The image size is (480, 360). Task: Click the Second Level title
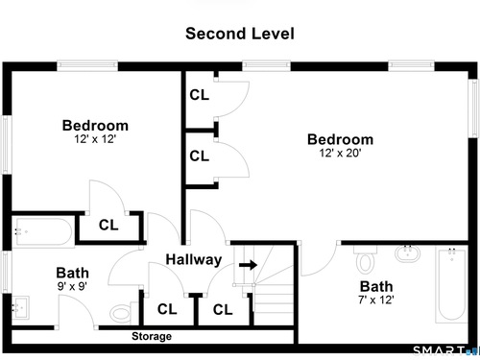[240, 34]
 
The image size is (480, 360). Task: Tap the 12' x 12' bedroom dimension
[95, 139]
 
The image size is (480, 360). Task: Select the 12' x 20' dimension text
[340, 153]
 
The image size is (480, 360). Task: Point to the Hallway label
[194, 259]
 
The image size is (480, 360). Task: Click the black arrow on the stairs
[248, 265]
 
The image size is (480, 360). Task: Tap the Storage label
[152, 336]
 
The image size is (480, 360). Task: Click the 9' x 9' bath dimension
[72, 286]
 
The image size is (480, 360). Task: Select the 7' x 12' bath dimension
[376, 300]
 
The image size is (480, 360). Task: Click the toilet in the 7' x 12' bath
[365, 259]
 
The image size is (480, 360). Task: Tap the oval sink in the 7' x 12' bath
[407, 253]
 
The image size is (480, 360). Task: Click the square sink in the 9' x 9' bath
[20, 307]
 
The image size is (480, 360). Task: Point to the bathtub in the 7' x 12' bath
[451, 285]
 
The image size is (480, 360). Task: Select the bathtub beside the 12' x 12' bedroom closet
[43, 231]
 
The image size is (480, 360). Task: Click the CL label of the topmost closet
[199, 95]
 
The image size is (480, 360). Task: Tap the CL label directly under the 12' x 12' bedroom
[108, 225]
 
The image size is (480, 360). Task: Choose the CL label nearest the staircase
[223, 310]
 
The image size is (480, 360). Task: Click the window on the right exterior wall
[472, 108]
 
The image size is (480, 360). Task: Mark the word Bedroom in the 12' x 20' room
[340, 139]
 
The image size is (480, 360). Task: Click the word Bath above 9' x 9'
[72, 273]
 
